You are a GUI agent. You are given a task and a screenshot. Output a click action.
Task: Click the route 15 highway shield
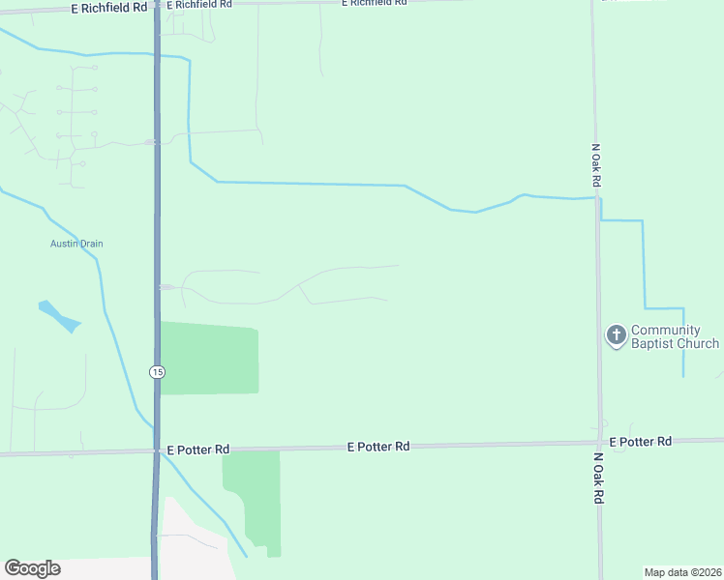[x=157, y=371]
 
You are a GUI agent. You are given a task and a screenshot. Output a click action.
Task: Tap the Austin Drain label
[x=76, y=244]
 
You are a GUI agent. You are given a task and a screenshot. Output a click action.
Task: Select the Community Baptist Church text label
[x=675, y=336]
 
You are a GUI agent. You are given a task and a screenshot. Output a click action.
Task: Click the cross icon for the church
[x=616, y=335]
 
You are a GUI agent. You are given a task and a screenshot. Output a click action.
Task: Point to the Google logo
[x=32, y=568]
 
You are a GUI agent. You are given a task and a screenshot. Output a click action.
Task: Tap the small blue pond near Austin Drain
[x=58, y=315]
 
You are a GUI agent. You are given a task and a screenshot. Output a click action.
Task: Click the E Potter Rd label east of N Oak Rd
[x=640, y=442]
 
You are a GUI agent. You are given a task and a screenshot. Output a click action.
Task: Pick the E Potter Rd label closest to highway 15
[x=197, y=449]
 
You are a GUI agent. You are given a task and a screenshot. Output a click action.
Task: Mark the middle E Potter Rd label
[x=378, y=447]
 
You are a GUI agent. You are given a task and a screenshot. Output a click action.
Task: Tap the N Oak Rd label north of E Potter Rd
[x=596, y=166]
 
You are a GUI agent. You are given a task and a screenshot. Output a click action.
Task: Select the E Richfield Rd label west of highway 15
[x=109, y=7]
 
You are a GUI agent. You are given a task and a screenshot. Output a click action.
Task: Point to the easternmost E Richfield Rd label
[x=374, y=3]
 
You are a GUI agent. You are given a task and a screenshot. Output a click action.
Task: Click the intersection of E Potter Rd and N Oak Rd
[x=599, y=444]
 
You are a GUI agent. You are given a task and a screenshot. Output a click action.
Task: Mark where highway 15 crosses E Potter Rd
[x=156, y=450]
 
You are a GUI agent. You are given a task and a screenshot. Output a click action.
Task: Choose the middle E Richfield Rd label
[x=198, y=5]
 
